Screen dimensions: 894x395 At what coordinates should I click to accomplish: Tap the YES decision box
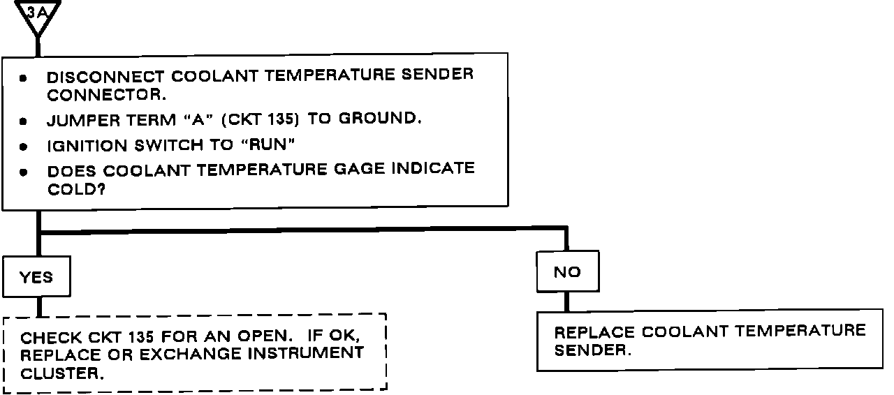[x=36, y=277]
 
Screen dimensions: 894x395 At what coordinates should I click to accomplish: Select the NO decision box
[x=567, y=271]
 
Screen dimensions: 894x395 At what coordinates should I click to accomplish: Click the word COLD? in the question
[x=76, y=189]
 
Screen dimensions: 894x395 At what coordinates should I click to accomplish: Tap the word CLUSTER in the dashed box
[x=62, y=373]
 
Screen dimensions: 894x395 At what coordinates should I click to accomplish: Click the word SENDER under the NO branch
[x=592, y=350]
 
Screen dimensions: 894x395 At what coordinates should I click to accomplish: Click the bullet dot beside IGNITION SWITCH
[x=23, y=148]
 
